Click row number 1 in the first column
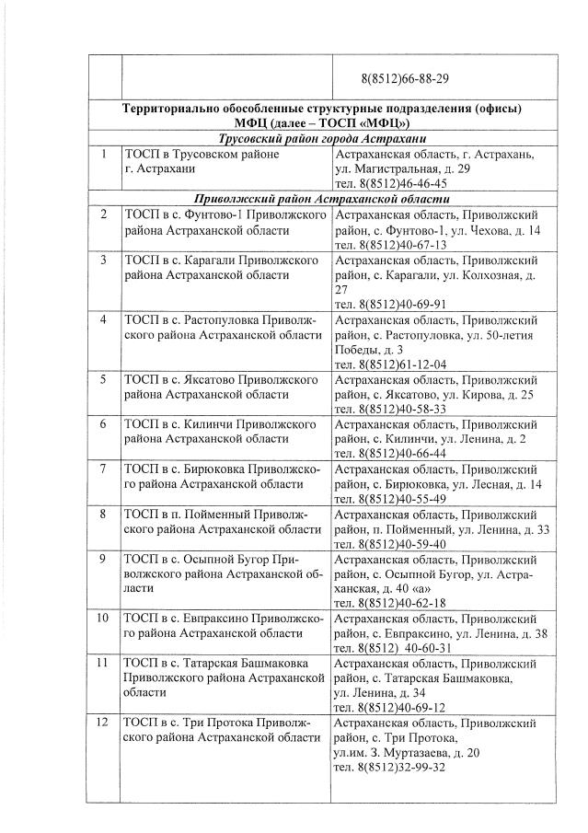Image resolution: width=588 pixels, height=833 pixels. click(105, 155)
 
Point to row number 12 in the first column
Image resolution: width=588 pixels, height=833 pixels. click(105, 723)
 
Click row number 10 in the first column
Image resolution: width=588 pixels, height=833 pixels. click(105, 618)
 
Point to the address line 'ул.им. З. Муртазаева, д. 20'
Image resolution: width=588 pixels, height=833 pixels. click(407, 752)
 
